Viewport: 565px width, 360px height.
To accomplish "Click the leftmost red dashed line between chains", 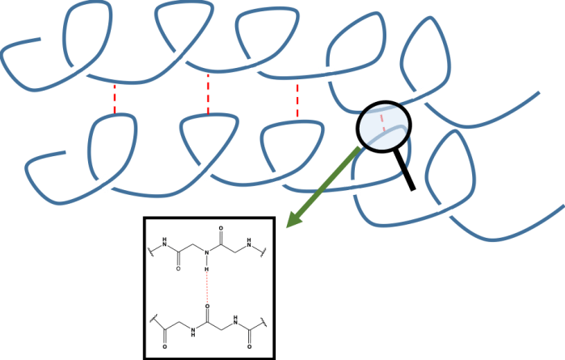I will pyautogui.click(x=115, y=99).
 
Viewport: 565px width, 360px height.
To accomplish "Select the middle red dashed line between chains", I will pyautogui.click(x=209, y=95).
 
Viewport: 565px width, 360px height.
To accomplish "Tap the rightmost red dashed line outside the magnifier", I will pyautogui.click(x=297, y=101).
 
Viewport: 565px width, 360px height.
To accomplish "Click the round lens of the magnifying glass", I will pyautogui.click(x=384, y=125).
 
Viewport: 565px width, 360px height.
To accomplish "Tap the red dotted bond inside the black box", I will pyautogui.click(x=206, y=288).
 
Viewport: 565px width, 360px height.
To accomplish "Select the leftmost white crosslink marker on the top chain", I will pyautogui.click(x=80, y=71).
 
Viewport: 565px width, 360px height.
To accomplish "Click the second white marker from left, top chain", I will pyautogui.click(x=179, y=57).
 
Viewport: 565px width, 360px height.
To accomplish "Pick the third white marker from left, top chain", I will pyautogui.click(x=253, y=66).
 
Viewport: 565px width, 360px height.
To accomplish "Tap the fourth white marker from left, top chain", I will pyautogui.click(x=327, y=74).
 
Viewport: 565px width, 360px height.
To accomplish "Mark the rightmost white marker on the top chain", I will pyautogui.click(x=418, y=95).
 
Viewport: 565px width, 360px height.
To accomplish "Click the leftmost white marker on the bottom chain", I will pyautogui.click(x=105, y=184).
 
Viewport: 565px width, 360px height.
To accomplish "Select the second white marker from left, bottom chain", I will pyautogui.click(x=204, y=169).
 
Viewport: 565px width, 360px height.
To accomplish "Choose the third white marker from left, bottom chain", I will pyautogui.click(x=278, y=179).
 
